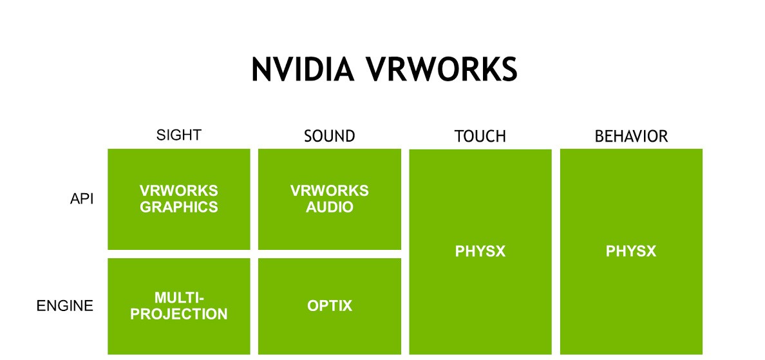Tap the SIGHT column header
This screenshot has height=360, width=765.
[179, 135]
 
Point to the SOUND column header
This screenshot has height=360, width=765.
[329, 137]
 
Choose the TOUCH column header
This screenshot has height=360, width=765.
[480, 137]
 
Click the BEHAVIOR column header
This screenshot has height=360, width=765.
[631, 137]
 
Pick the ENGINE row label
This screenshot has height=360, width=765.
[64, 306]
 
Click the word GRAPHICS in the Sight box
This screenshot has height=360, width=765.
[179, 207]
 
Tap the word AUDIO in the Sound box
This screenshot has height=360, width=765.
[330, 207]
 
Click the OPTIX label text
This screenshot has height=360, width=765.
[330, 306]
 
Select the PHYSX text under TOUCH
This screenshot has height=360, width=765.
[480, 251]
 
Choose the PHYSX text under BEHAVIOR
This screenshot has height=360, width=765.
[631, 251]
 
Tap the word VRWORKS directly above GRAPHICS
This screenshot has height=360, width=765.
[179, 191]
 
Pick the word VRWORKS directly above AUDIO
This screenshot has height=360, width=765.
[330, 191]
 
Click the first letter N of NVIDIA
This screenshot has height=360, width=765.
[261, 70]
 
